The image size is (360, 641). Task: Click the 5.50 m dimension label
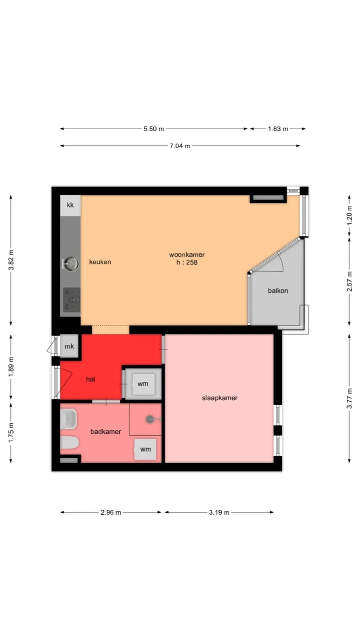point(153,129)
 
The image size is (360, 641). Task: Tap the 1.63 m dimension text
point(277,129)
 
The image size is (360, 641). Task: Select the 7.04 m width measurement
point(179,146)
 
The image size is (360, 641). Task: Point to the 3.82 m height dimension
point(11,260)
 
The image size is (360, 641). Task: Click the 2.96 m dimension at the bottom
point(110,512)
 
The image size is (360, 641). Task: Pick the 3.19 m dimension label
point(219,512)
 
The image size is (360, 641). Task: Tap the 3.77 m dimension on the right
point(349,398)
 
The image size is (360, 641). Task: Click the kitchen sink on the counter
point(70,264)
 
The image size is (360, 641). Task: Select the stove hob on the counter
point(71,299)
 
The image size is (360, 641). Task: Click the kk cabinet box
point(70,205)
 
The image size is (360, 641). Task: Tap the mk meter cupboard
point(69,346)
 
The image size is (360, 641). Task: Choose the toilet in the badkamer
point(69,443)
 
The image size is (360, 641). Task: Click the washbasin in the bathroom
point(68,419)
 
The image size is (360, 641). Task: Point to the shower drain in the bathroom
point(149,419)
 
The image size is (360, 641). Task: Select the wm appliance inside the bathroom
point(145,449)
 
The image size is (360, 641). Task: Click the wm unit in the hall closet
point(143,384)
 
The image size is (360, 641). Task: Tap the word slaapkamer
point(219,398)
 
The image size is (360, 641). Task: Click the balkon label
point(277,291)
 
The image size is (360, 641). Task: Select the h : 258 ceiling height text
point(187,262)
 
